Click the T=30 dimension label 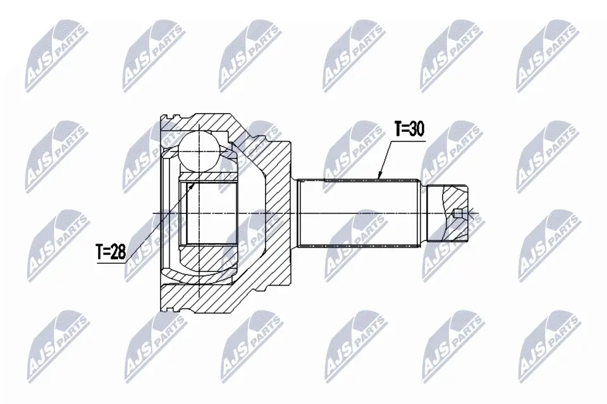pyautogui.click(x=409, y=129)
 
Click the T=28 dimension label pyautogui.click(x=111, y=252)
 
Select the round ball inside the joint pyautogui.click(x=198, y=150)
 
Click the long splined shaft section pyautogui.click(x=359, y=213)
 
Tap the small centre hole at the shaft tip pyautogui.click(x=458, y=213)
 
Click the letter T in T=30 pyautogui.click(x=398, y=129)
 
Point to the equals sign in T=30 pyautogui.click(x=407, y=129)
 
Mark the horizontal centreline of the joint pyautogui.click(x=266, y=213)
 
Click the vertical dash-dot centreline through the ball pyautogui.click(x=198, y=189)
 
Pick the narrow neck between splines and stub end pyautogui.click(x=423, y=213)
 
